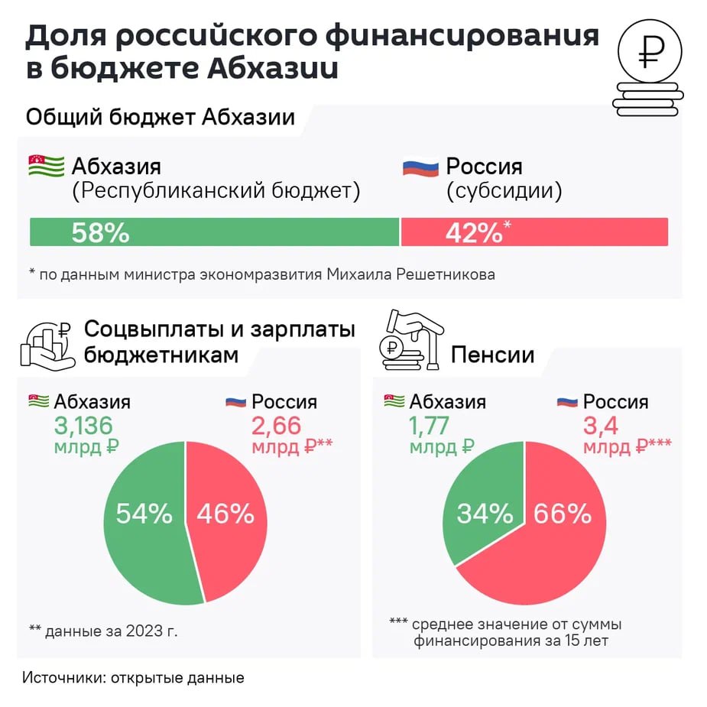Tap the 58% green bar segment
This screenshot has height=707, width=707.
(214, 232)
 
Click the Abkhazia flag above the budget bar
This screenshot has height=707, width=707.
(46, 166)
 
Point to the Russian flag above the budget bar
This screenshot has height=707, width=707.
(420, 166)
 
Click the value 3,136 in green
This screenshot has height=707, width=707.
(83, 425)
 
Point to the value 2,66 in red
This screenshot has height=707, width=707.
(276, 425)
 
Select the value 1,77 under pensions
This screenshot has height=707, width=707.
(429, 425)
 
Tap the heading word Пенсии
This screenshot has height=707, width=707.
(492, 355)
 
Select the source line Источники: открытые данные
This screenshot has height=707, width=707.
(133, 677)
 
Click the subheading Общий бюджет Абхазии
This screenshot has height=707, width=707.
(161, 118)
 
